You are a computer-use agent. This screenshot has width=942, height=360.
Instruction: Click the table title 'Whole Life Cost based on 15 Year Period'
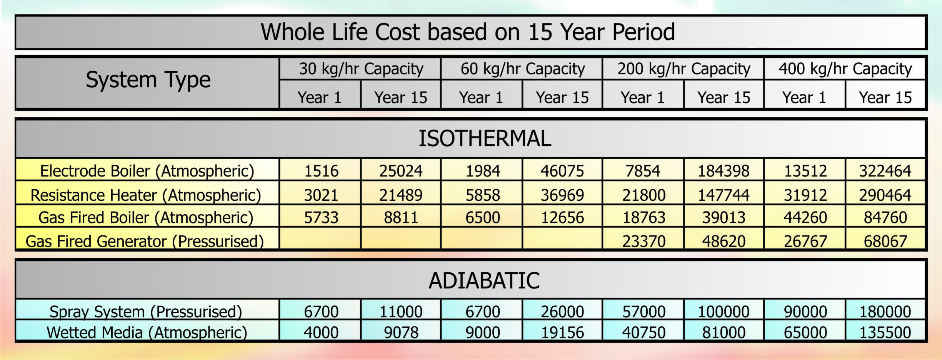[x=468, y=32]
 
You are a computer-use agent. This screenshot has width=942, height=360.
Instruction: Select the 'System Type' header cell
[x=148, y=80]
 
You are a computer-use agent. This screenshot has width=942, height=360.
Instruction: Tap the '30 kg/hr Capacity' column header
[x=361, y=69]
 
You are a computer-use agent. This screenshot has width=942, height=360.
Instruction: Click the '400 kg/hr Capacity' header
[x=845, y=69]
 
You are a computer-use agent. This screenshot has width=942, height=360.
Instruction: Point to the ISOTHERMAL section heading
[x=485, y=138]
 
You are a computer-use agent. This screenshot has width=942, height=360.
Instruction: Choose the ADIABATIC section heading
[x=484, y=280]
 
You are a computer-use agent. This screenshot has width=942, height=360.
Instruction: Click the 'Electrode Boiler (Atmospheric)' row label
[x=147, y=171]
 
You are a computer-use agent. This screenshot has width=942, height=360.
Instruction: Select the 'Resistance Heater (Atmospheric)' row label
[x=146, y=195]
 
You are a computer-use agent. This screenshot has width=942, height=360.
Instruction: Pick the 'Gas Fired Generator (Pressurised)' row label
[x=145, y=241]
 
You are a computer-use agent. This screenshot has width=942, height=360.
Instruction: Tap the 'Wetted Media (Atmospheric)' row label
[x=147, y=332]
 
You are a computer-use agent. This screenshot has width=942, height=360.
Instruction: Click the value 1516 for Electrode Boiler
[x=321, y=171]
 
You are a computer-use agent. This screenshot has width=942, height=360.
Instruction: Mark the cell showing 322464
[x=885, y=171]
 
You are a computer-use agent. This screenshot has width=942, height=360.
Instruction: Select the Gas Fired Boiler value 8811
[x=401, y=218]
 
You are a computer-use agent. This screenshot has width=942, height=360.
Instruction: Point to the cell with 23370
[x=644, y=241]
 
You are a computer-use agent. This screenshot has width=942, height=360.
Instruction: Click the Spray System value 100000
[x=724, y=312]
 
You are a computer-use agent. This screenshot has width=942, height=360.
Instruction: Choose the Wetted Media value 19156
[x=562, y=332]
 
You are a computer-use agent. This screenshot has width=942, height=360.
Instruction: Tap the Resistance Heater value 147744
[x=724, y=195]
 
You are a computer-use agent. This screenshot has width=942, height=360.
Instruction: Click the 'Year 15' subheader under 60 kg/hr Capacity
[x=562, y=98]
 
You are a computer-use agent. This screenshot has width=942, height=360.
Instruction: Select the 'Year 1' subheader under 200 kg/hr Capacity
[x=643, y=98]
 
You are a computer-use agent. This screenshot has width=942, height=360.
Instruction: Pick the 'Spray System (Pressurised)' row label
[x=146, y=312]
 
